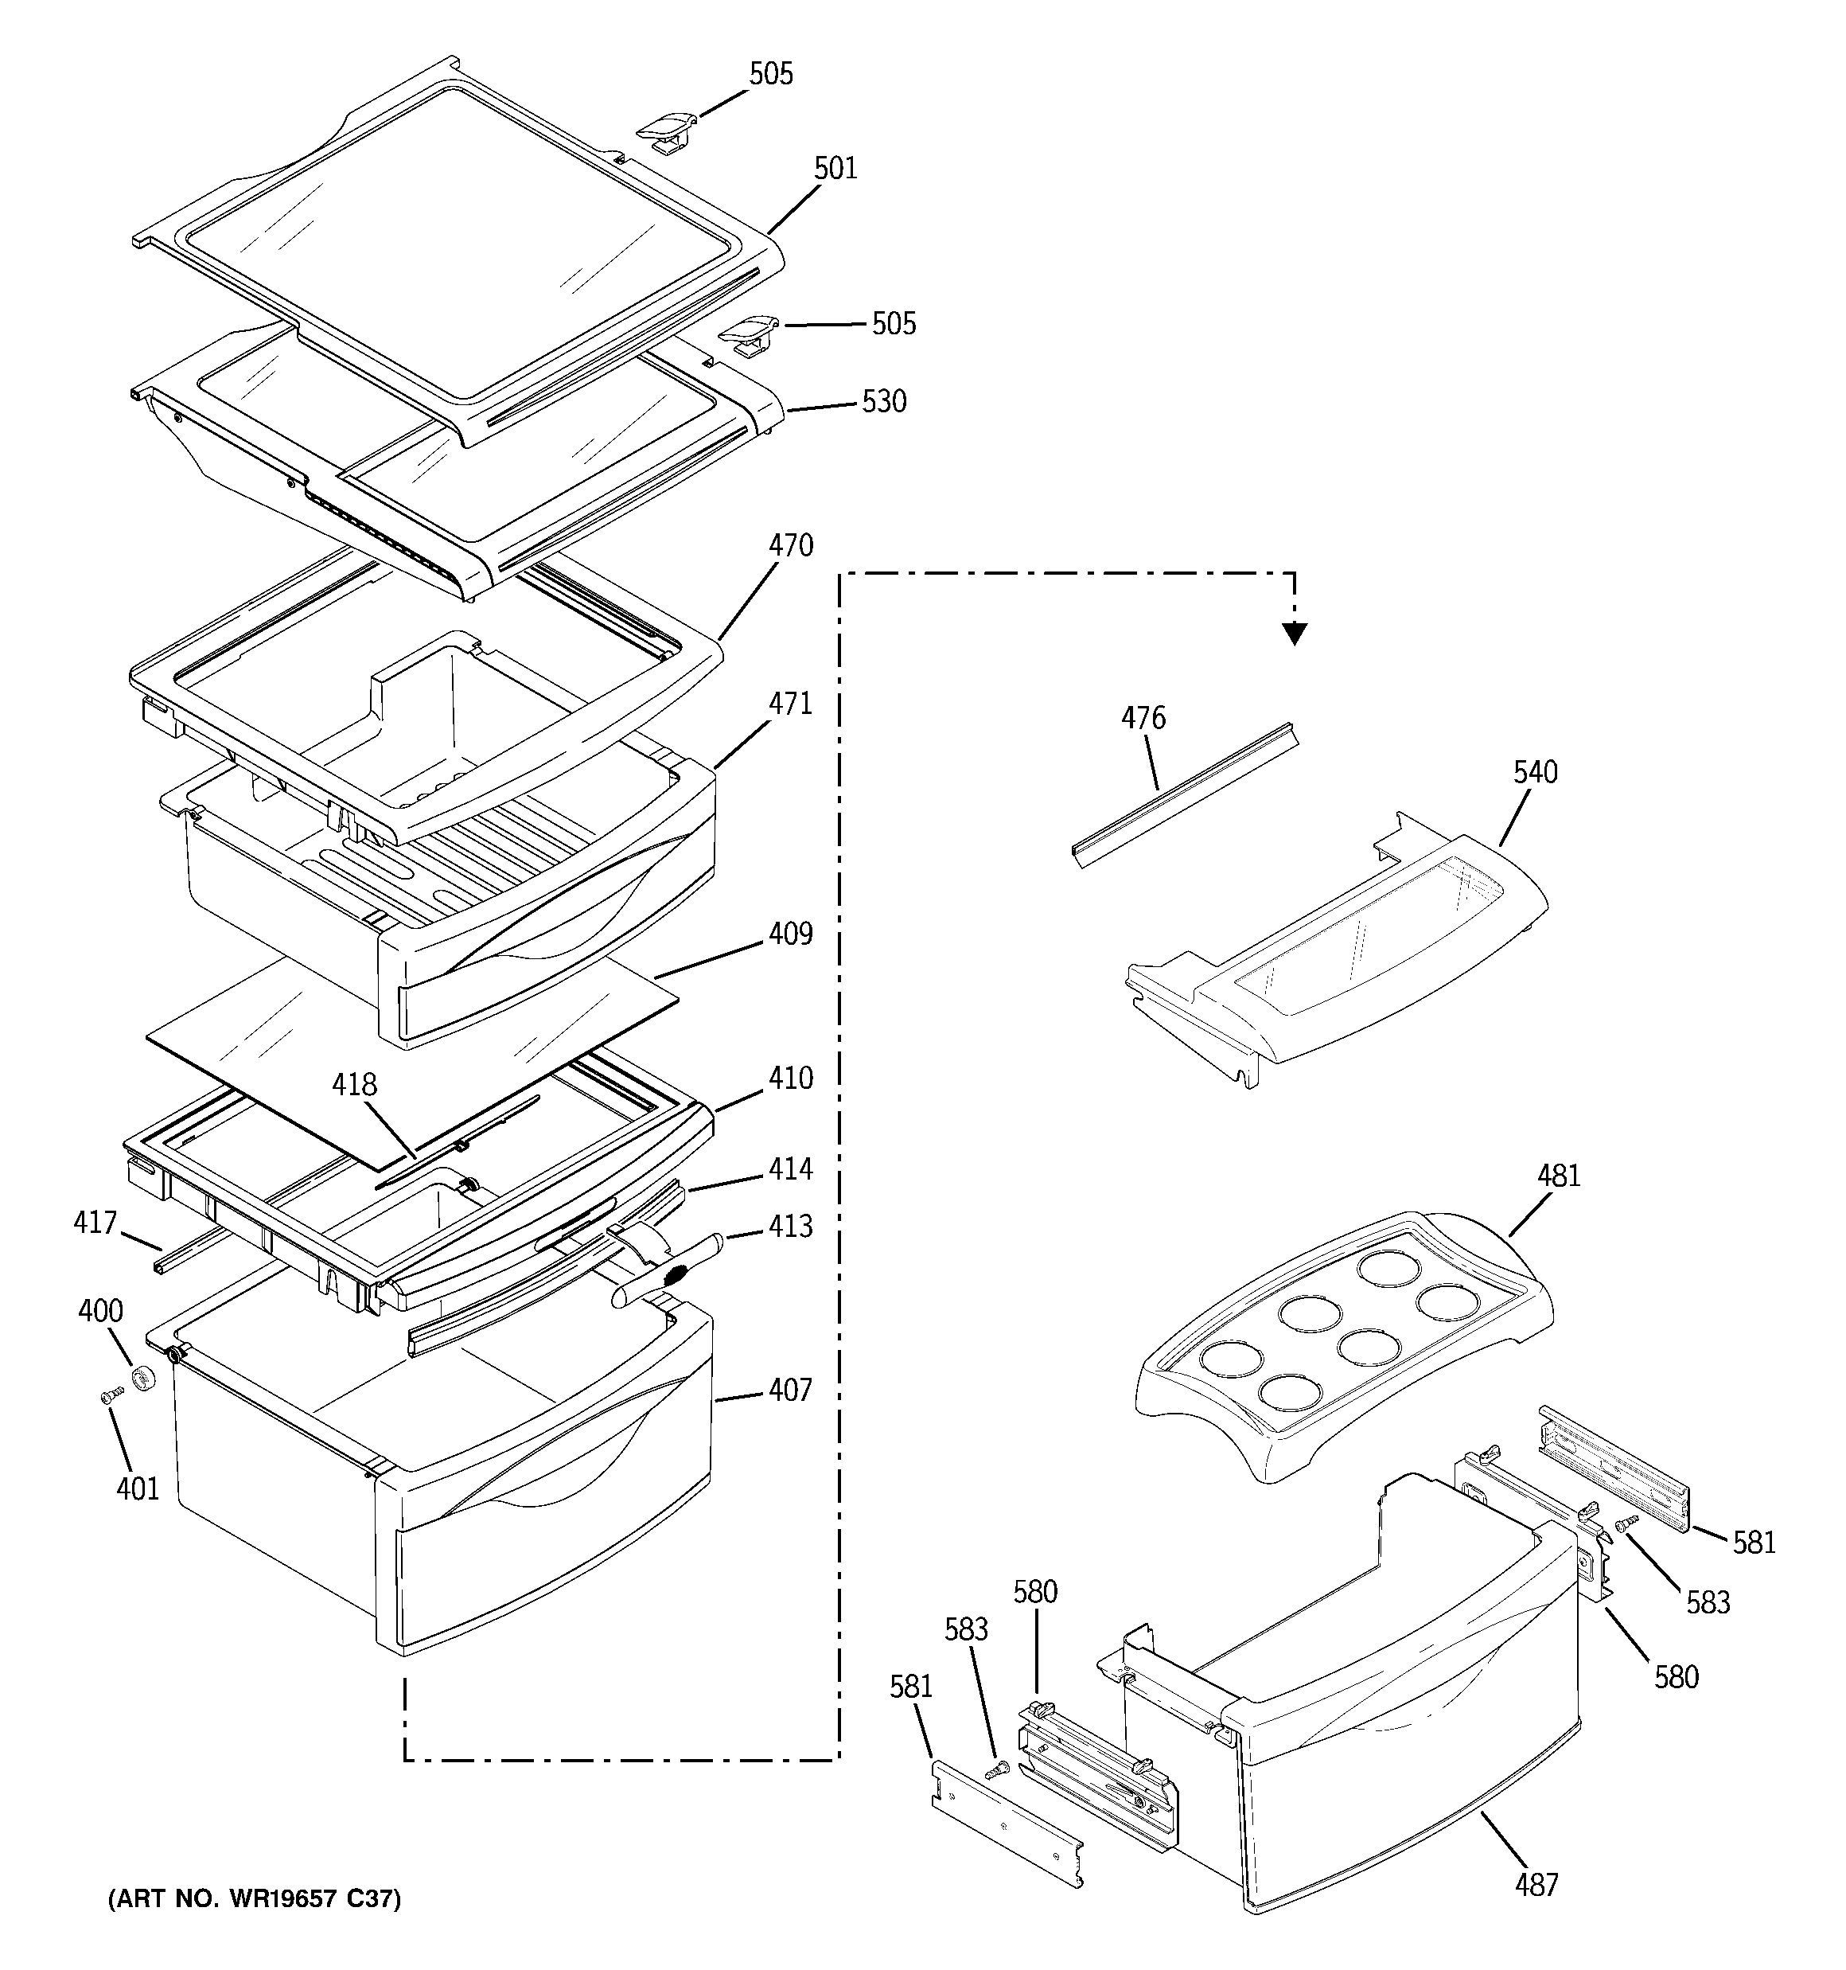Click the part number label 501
(835, 169)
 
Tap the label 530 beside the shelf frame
(884, 401)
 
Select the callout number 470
(790, 546)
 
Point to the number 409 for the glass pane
(790, 934)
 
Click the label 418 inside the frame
(354, 1085)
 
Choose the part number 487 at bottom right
(1536, 1885)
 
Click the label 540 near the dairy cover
(1535, 772)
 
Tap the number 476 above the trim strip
(1143, 719)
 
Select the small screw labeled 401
(110, 1396)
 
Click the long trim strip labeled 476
(1184, 794)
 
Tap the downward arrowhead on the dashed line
(1295, 634)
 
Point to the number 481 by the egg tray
(1559, 1176)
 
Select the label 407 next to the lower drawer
(790, 1391)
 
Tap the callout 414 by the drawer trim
(790, 1170)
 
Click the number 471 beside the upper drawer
(790, 704)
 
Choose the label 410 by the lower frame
(790, 1079)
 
